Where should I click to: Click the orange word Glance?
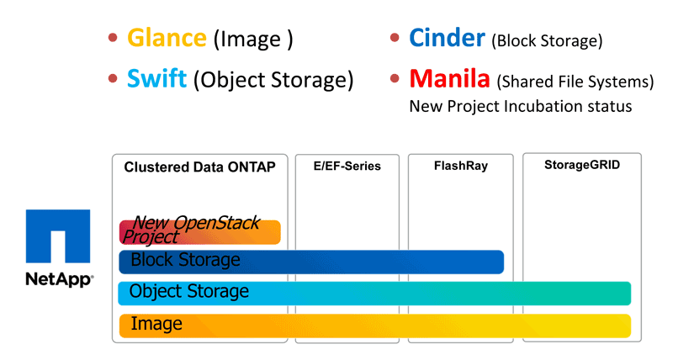[x=167, y=38]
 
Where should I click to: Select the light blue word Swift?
[x=156, y=78]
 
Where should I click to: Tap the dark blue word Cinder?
[x=447, y=38]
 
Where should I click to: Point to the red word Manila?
[x=449, y=78]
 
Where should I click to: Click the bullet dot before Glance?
[x=113, y=38]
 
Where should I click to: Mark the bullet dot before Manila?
[x=395, y=78]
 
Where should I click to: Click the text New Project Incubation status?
[x=520, y=106]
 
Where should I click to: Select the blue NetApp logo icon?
[x=58, y=236]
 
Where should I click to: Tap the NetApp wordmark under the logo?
[x=59, y=279]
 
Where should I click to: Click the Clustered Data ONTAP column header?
[x=199, y=167]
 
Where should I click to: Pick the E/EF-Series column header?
[x=347, y=166]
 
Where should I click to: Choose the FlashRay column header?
[x=460, y=166]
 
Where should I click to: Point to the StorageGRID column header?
[x=582, y=165]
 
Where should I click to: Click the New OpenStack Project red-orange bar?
[x=199, y=232]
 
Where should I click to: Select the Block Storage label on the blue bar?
[x=185, y=260]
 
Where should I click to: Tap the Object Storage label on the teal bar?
[x=188, y=291]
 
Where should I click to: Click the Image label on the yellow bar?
[x=156, y=324]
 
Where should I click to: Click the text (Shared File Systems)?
[x=575, y=81]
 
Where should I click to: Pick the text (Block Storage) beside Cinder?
[x=547, y=40]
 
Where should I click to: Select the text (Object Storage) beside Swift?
[x=273, y=80]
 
